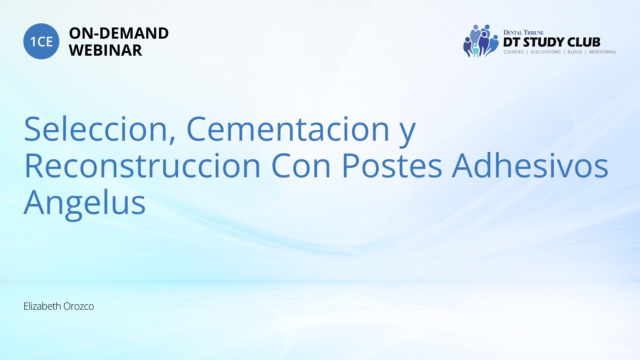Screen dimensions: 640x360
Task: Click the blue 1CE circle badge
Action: [41, 41]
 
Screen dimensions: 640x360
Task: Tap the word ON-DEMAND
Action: [119, 33]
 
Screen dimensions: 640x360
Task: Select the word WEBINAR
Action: [105, 50]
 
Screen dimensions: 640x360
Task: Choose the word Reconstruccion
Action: [142, 166]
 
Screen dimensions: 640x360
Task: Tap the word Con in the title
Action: [301, 166]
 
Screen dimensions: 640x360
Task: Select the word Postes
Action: [392, 166]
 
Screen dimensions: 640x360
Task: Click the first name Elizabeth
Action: [42, 306]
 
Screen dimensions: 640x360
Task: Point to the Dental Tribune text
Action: [523, 32]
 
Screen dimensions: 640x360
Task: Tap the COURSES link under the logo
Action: [514, 52]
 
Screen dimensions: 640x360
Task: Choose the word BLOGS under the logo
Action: [575, 52]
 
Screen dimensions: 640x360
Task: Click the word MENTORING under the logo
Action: [602, 52]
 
